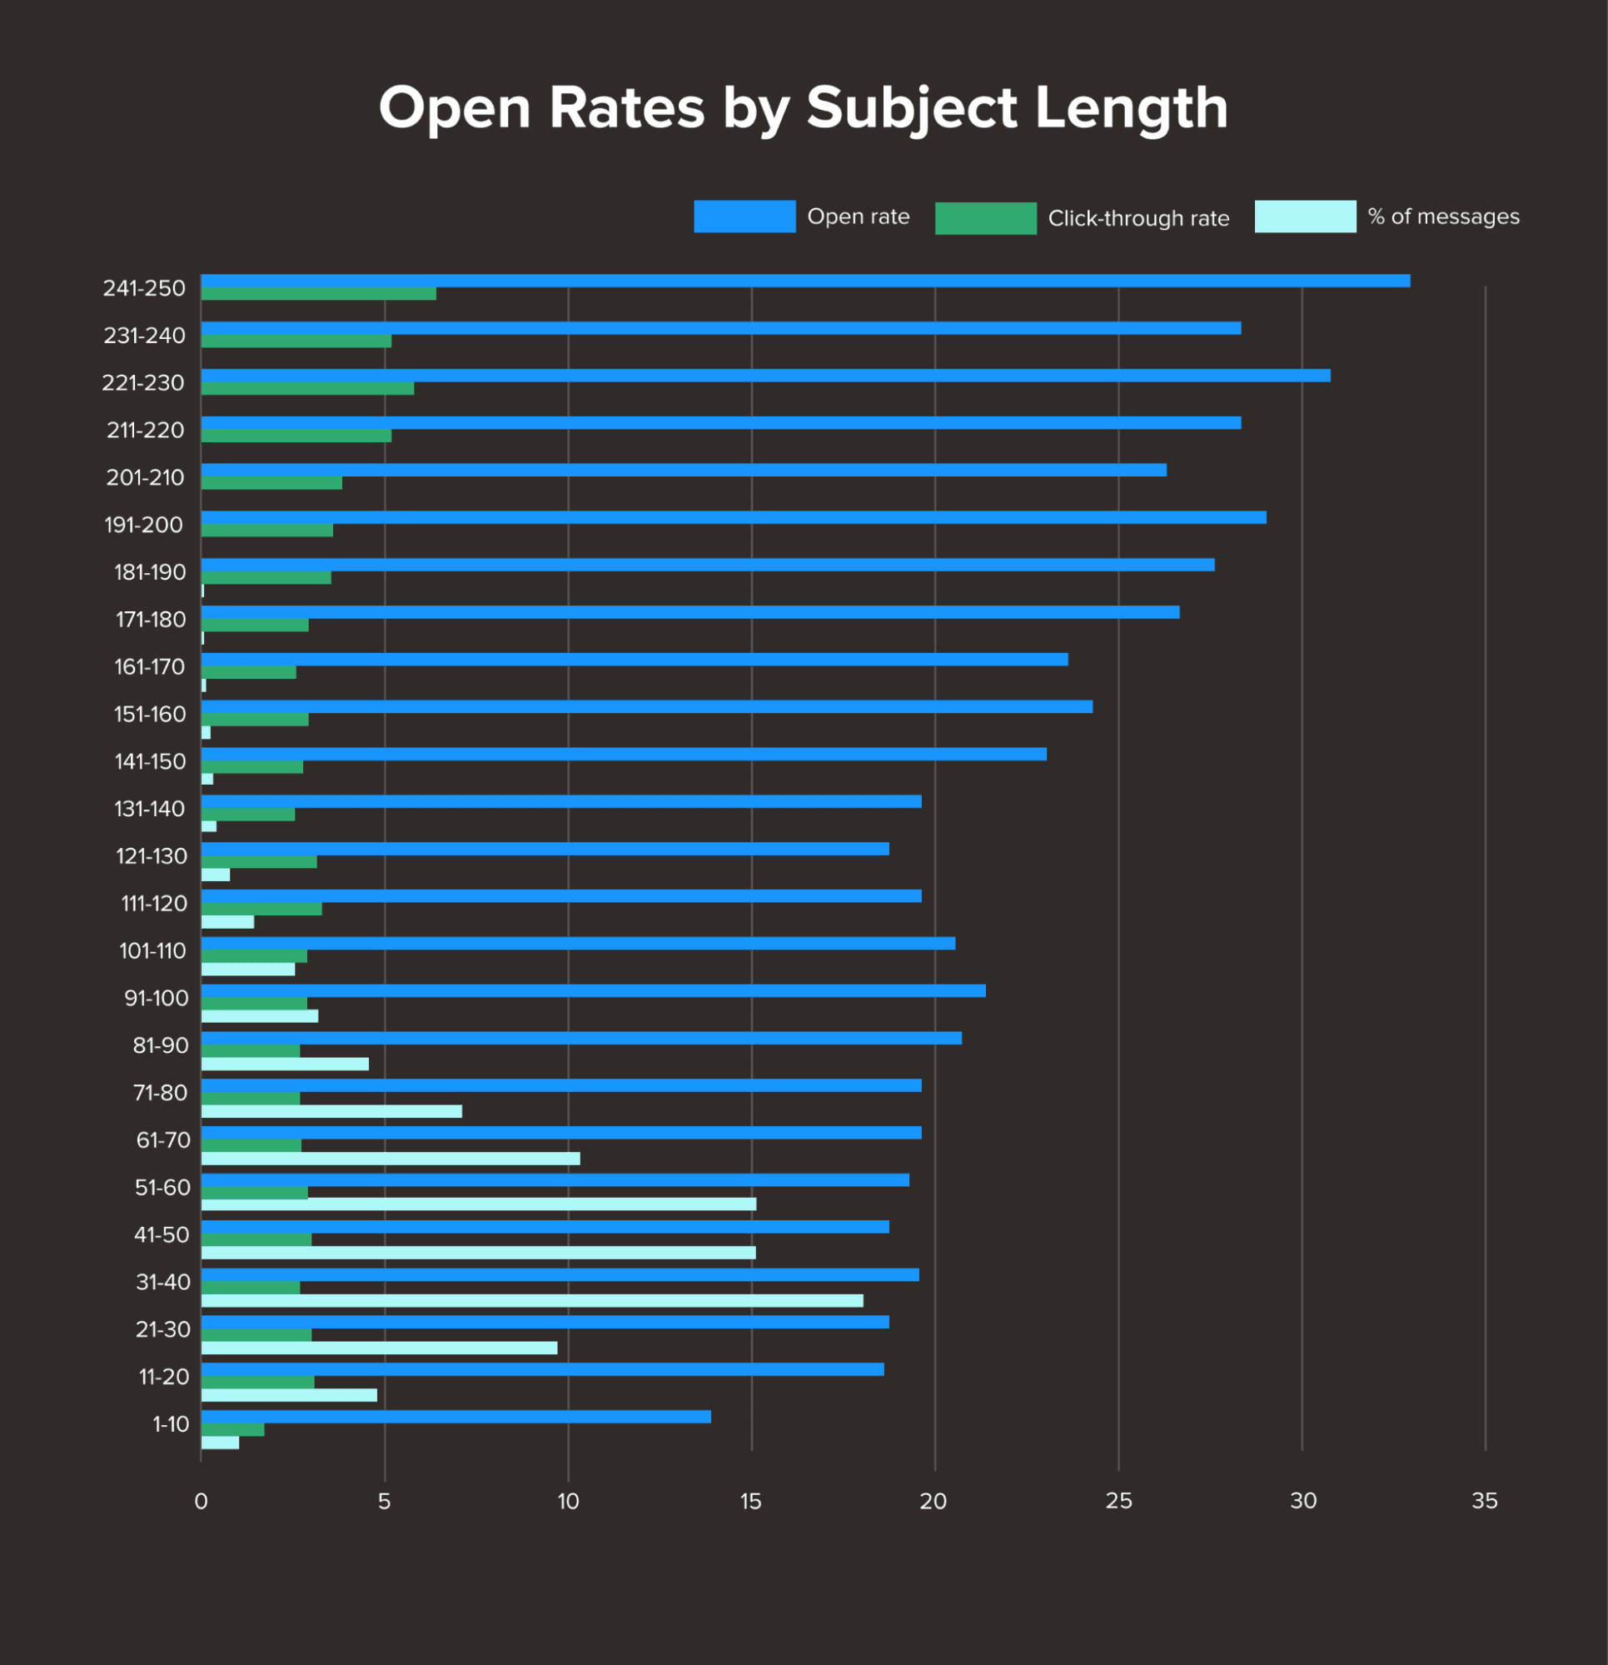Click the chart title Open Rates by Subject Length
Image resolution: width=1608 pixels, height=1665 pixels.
[x=803, y=109]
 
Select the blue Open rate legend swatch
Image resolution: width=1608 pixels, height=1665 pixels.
[x=744, y=216]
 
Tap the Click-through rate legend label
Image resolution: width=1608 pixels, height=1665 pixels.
[x=1138, y=218]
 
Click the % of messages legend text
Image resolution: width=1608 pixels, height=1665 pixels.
[x=1442, y=217]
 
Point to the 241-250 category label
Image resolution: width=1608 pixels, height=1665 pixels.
[x=143, y=289]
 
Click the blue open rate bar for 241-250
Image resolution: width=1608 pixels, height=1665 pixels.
[x=804, y=282]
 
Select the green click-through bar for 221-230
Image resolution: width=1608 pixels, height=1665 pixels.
[x=307, y=388]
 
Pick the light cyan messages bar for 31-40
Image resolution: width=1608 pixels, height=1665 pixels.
[x=532, y=1300]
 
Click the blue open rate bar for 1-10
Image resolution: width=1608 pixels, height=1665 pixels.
[x=456, y=1416]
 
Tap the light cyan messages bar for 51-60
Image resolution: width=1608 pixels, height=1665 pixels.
[x=478, y=1204]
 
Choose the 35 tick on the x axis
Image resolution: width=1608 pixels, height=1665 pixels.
[x=1484, y=1501]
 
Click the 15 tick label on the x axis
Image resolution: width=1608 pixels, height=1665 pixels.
[x=751, y=1501]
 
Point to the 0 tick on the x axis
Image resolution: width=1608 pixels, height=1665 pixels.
[x=202, y=1501]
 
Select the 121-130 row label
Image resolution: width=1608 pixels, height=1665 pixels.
[x=152, y=856]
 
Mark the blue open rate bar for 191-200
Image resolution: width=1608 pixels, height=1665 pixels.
[x=733, y=517]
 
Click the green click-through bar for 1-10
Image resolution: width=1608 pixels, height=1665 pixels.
[x=233, y=1429]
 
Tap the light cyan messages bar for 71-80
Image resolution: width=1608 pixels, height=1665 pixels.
[x=331, y=1111]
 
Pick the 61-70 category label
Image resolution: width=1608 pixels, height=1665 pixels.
[x=163, y=1140]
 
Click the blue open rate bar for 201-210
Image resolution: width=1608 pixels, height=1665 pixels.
[x=684, y=470]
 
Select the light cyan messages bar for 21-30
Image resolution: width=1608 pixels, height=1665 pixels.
[x=379, y=1348]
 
